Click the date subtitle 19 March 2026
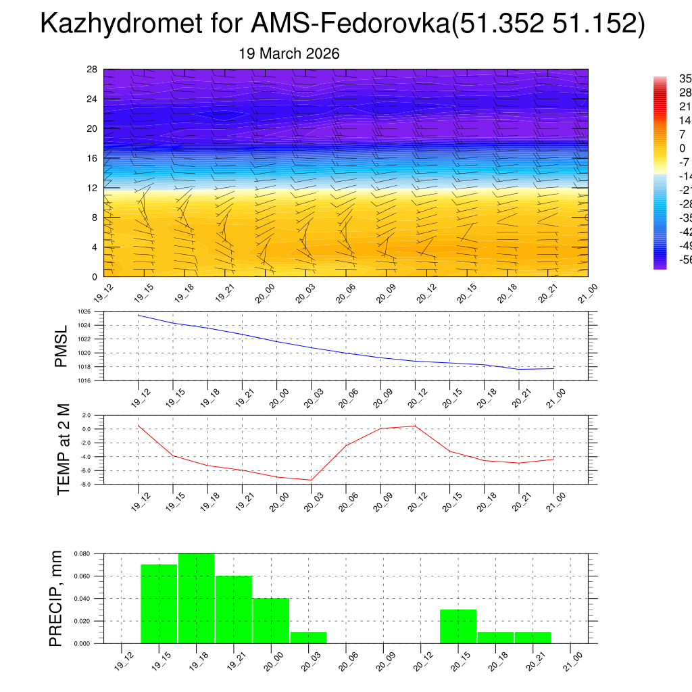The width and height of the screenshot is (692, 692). pyautogui.click(x=289, y=53)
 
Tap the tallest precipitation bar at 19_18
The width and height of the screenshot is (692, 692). pyautogui.click(x=197, y=598)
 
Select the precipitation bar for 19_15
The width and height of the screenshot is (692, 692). pyautogui.click(x=159, y=603)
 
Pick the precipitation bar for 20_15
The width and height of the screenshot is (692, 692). pyautogui.click(x=458, y=626)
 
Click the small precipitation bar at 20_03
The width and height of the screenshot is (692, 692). pyautogui.click(x=308, y=637)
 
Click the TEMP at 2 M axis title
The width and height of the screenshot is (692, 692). pyautogui.click(x=64, y=449)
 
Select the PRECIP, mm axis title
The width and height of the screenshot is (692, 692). pyautogui.click(x=57, y=598)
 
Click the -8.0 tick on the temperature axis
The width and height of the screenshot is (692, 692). pyautogui.click(x=86, y=485)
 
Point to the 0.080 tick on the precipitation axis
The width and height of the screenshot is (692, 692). pyautogui.click(x=82, y=553)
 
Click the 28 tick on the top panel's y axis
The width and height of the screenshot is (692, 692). pyautogui.click(x=92, y=70)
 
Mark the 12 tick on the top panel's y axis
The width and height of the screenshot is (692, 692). pyautogui.click(x=92, y=188)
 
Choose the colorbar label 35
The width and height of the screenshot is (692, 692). pyautogui.click(x=685, y=78)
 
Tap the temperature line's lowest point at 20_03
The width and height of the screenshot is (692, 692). pyautogui.click(x=311, y=480)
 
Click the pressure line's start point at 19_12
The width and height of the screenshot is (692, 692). pyautogui.click(x=139, y=315)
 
